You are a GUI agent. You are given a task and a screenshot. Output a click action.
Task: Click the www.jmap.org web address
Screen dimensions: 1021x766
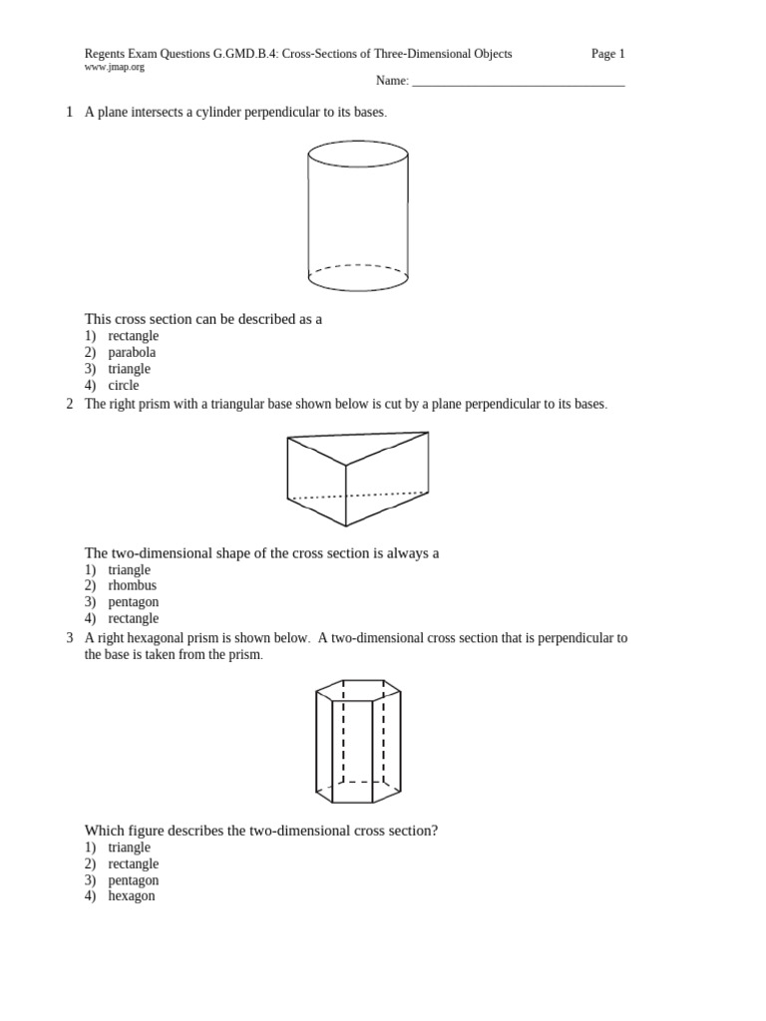click(114, 68)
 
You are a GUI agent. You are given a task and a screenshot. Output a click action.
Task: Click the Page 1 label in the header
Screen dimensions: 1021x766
click(607, 54)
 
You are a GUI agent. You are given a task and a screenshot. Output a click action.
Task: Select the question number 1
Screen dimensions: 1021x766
click(69, 113)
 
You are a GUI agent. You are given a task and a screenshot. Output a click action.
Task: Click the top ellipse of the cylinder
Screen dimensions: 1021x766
click(358, 153)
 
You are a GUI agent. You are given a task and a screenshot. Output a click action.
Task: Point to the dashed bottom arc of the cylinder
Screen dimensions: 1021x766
click(358, 266)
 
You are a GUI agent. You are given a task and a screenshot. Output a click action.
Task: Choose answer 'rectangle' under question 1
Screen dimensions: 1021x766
click(133, 336)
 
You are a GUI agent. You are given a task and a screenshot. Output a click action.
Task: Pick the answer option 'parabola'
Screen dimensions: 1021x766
click(132, 352)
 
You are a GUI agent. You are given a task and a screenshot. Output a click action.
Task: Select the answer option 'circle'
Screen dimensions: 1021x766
click(124, 385)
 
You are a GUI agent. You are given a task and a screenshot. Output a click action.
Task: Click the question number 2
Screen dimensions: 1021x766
click(69, 404)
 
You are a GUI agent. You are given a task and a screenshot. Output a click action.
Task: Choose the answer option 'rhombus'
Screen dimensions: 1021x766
click(132, 585)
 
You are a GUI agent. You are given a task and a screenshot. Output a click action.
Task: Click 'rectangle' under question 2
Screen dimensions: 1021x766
click(133, 618)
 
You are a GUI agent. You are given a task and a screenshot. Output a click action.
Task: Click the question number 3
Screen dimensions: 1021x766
click(69, 638)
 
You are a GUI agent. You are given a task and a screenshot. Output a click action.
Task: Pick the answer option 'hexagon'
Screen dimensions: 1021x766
click(132, 896)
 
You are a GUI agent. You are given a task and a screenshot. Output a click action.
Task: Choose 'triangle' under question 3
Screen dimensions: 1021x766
click(129, 848)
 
